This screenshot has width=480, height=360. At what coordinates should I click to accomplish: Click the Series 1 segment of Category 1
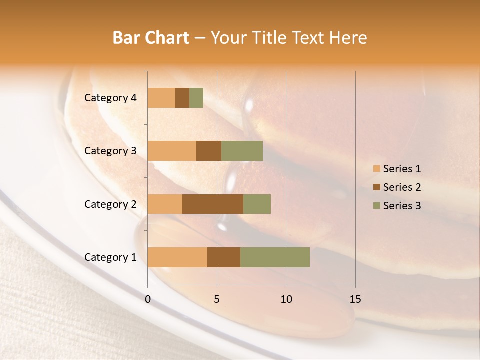click(177, 257)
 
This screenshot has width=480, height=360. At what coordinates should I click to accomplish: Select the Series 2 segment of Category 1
click(224, 257)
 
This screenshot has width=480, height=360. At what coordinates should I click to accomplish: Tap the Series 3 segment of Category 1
click(275, 257)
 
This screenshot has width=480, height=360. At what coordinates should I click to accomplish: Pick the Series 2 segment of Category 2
click(213, 204)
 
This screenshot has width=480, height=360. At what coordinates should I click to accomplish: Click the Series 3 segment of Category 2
click(257, 204)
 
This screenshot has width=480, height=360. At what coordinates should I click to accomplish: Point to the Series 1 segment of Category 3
click(172, 151)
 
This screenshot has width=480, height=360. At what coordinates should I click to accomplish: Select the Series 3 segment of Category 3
click(242, 151)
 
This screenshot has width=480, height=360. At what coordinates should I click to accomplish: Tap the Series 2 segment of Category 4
click(182, 98)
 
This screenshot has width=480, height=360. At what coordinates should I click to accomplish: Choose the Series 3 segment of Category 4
click(196, 98)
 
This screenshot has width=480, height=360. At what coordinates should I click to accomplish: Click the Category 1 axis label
click(110, 257)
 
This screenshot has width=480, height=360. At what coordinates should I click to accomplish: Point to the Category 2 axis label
click(110, 204)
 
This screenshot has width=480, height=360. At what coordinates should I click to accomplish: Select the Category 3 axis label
click(110, 151)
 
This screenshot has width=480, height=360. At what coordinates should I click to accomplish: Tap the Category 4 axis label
click(110, 98)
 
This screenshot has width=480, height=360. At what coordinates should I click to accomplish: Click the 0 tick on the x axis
click(148, 299)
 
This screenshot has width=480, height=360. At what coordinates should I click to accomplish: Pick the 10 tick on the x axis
click(286, 299)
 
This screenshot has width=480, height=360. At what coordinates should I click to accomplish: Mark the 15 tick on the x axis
click(355, 299)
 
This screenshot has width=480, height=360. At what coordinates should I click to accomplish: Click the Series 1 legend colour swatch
click(376, 169)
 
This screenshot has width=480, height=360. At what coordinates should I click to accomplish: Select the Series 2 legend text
click(402, 187)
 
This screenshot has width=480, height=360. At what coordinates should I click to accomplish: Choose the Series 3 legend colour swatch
click(376, 206)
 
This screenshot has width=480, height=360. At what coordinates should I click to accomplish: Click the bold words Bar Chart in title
click(151, 38)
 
